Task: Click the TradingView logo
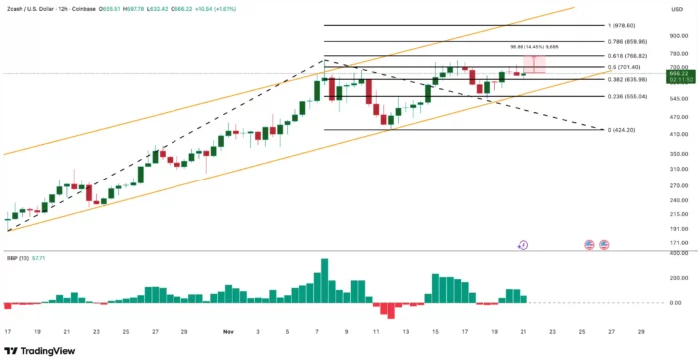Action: (x=41, y=350)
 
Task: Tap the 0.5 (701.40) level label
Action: (x=626, y=67)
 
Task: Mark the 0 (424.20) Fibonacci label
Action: (x=624, y=130)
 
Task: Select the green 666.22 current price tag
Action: (x=678, y=74)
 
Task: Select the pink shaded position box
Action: (x=535, y=65)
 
